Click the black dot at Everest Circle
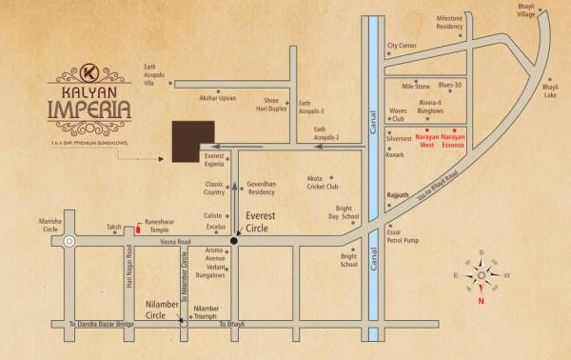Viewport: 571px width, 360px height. [235, 242]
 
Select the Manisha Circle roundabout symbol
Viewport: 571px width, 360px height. [69, 242]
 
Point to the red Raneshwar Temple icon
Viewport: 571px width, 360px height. [140, 228]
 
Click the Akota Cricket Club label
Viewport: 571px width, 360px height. [322, 183]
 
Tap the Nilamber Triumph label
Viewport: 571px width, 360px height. [206, 312]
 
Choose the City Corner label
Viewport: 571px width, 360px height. [402, 46]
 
